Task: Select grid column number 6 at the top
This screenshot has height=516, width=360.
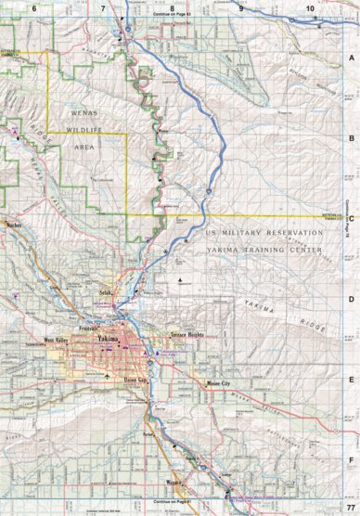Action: point(34,7)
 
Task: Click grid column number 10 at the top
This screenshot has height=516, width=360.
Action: point(309,7)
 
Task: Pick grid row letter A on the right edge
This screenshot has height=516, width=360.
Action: point(351,58)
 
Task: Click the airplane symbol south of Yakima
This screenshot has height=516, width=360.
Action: point(109,377)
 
